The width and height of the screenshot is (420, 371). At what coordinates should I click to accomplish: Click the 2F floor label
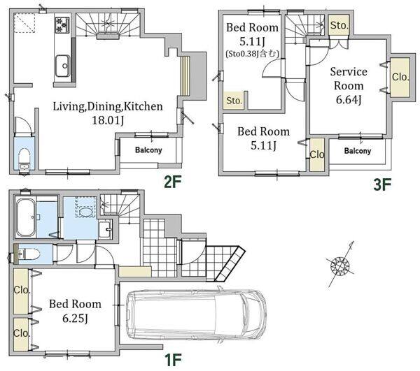172,183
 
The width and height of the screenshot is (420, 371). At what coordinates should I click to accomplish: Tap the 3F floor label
382,185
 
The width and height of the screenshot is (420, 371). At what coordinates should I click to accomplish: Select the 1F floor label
173,360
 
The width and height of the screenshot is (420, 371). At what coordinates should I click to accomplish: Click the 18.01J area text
108,120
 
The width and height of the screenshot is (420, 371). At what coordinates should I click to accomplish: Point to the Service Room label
349,78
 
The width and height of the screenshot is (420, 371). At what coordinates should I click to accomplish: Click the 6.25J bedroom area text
75,318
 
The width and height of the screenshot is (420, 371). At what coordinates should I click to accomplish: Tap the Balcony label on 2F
148,150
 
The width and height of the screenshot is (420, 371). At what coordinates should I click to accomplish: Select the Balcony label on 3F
358,151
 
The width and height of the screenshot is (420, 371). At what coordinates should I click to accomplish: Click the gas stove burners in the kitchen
62,25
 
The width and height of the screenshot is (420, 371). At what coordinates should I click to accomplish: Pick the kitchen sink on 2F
63,66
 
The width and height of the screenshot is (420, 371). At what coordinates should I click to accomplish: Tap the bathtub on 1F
26,217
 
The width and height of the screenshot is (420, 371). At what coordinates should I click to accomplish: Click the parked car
196,314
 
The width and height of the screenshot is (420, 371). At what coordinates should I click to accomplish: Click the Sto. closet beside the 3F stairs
339,24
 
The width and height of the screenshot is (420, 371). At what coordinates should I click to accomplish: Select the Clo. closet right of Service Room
400,78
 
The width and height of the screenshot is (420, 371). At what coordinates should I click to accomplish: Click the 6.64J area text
349,100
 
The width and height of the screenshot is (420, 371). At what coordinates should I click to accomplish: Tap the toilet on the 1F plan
29,254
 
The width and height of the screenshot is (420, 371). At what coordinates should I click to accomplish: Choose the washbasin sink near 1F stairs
105,230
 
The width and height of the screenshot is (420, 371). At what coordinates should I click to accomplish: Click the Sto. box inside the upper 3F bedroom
234,101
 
